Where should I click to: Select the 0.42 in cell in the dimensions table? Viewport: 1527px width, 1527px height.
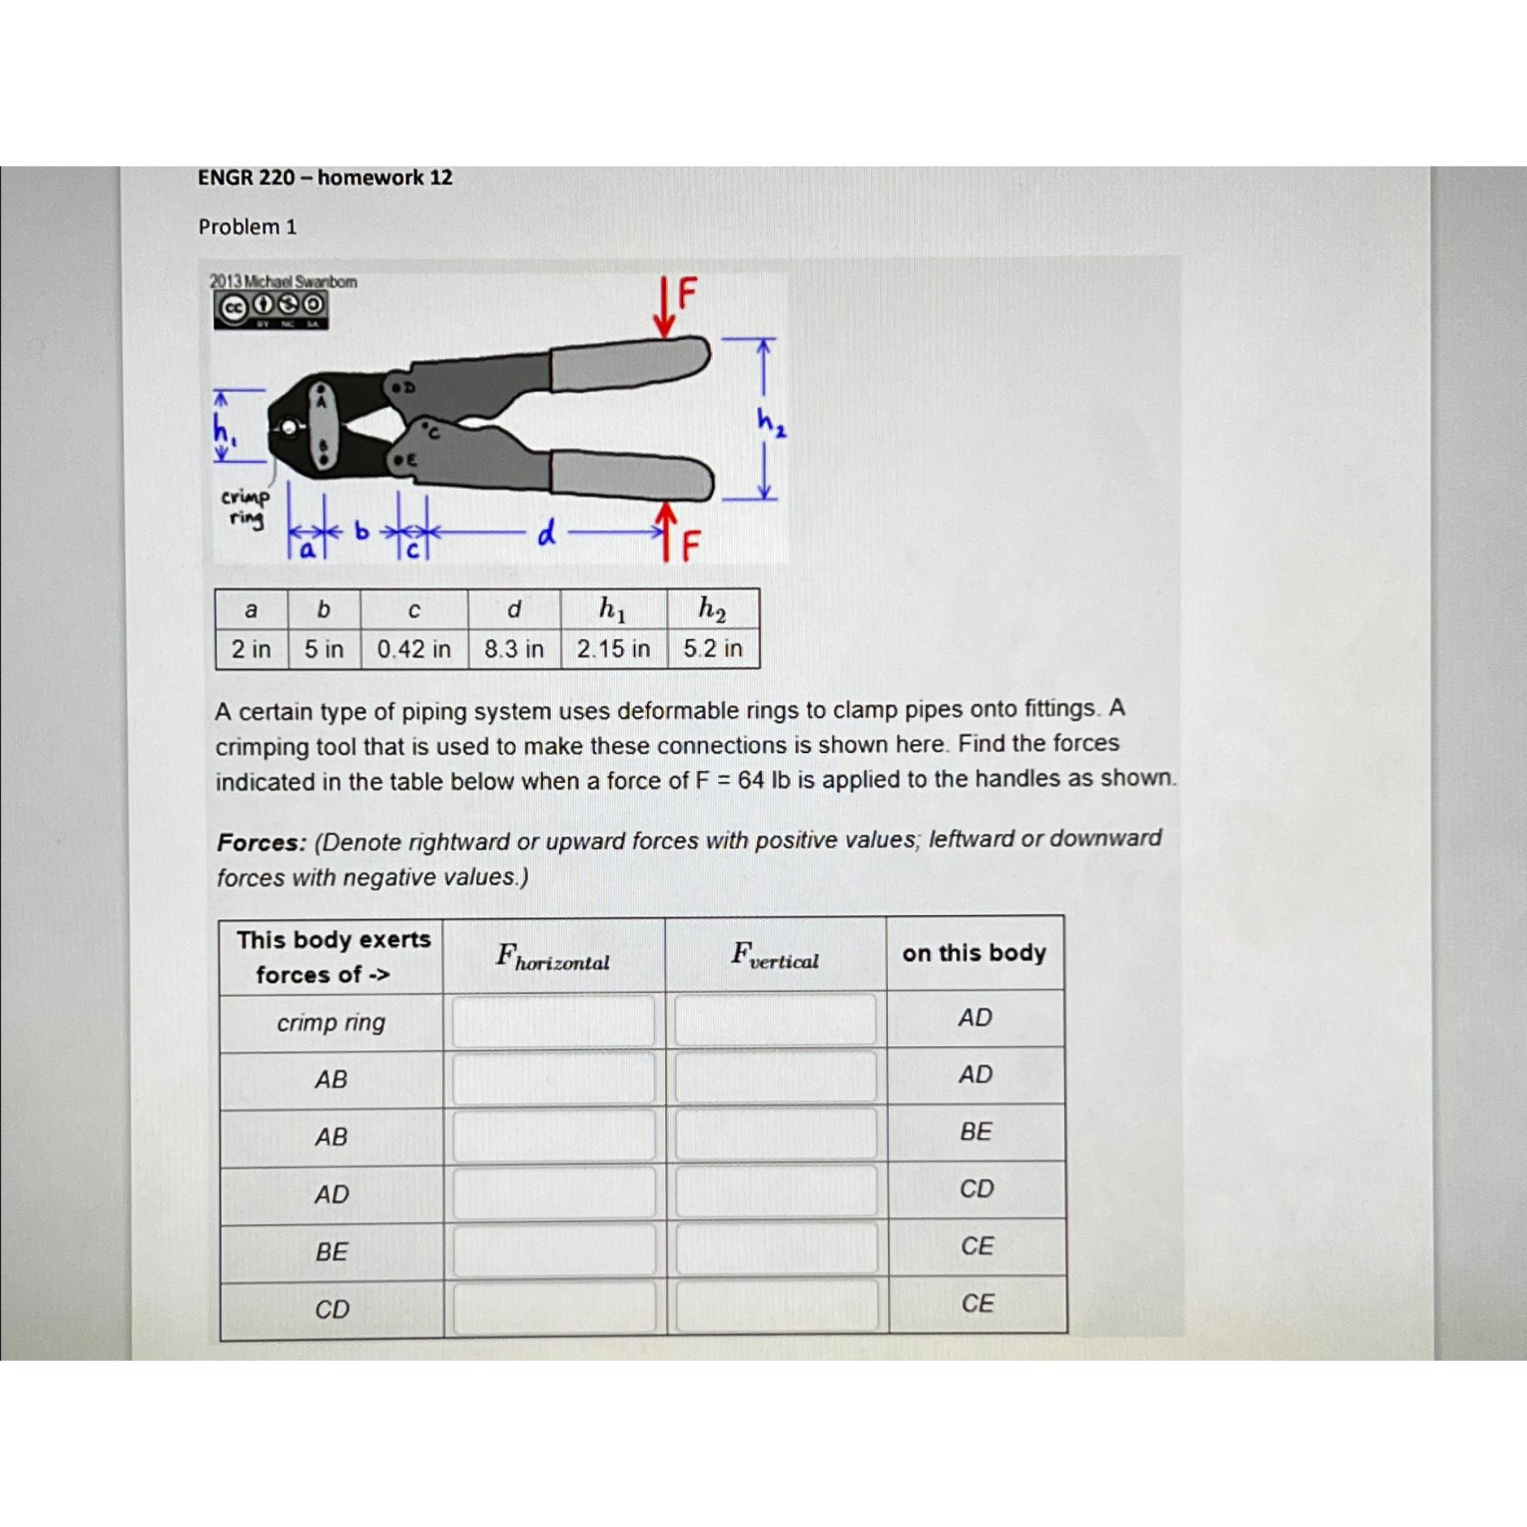pos(413,649)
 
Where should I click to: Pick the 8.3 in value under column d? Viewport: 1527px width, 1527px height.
pos(514,649)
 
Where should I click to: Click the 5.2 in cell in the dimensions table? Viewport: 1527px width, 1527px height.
pos(712,649)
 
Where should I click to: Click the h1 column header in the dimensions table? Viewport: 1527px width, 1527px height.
pos(613,609)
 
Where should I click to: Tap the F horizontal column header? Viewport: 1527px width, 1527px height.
pos(552,957)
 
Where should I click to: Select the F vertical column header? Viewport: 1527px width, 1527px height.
pos(775,956)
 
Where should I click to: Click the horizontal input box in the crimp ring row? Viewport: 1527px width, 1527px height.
pos(552,1021)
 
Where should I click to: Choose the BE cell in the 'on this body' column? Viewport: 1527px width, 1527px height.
pos(975,1132)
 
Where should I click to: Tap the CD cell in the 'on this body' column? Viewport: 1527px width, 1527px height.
pos(976,1188)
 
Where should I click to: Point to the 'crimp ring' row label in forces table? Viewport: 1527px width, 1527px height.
pos(330,1023)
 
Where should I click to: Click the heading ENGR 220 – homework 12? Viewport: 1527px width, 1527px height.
pos(325,178)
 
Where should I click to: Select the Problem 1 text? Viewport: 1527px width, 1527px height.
pos(248,227)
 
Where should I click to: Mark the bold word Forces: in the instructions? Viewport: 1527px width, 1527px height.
pos(262,843)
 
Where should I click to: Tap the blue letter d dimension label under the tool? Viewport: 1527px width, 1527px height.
pos(546,535)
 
